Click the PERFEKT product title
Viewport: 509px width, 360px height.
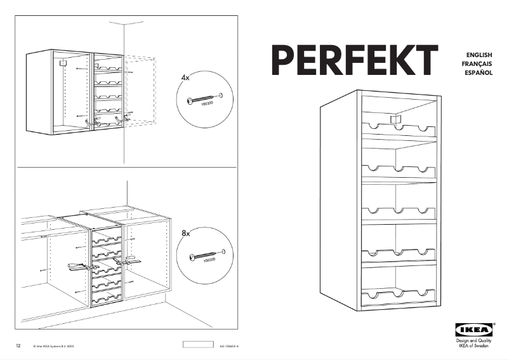pos(355,61)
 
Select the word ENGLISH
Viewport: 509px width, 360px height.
pos(480,56)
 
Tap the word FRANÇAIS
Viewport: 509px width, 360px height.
pos(479,65)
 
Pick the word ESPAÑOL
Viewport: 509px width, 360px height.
pos(479,74)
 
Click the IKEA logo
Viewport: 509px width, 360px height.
pos(473,330)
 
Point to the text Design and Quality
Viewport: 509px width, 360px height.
pos(473,341)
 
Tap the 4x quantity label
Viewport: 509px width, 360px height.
pos(185,77)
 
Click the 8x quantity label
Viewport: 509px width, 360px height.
pos(186,234)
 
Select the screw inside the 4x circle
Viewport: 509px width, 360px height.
pos(202,100)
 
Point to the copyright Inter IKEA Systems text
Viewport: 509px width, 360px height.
pos(50,347)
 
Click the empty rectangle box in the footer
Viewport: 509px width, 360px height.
pos(198,345)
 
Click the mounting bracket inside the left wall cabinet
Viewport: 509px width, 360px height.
pos(62,63)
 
